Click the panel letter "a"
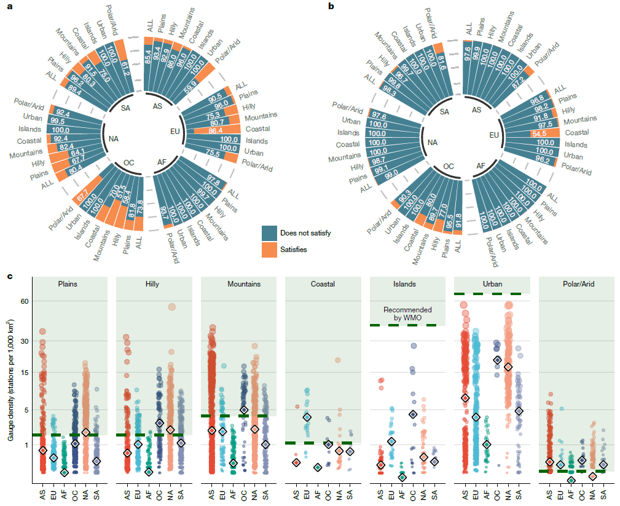[8, 7]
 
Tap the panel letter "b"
[331, 7]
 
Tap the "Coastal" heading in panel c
[323, 284]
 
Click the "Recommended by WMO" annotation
[407, 314]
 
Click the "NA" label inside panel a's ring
[113, 139]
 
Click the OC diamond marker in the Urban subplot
[497, 360]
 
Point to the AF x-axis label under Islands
[402, 493]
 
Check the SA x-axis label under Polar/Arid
[603, 493]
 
